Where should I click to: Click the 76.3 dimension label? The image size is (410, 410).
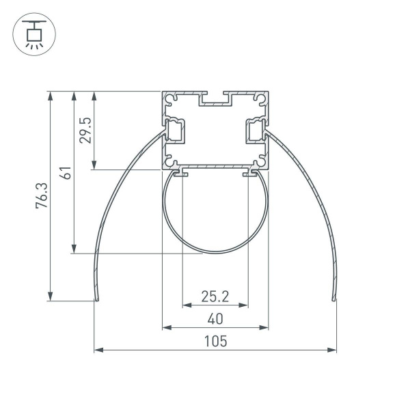coord(42,195)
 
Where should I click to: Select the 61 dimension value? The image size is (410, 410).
coord(66,172)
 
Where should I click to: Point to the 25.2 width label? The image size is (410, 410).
coord(215,297)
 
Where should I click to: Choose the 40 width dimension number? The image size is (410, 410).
coord(215,318)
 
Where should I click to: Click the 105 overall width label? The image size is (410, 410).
coord(215,341)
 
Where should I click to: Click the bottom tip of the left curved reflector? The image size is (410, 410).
coord(96,299)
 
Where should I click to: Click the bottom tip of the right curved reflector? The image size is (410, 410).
coord(333,299)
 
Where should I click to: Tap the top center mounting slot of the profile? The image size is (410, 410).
coord(215,100)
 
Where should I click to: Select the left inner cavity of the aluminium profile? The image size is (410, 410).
coord(175,130)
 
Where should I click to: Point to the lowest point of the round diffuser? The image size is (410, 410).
coord(215,254)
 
